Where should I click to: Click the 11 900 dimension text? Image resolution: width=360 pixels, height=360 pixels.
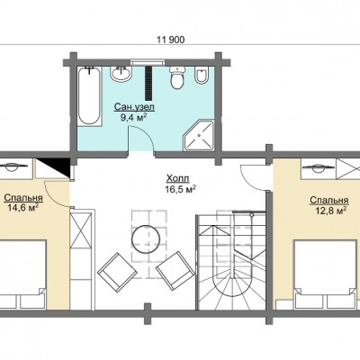pos(171,40)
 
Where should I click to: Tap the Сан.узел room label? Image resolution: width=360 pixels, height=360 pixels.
pos(134,107)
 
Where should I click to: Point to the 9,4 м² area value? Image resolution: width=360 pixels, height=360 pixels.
pos(133,117)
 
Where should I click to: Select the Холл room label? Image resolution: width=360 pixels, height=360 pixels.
pos(177,179)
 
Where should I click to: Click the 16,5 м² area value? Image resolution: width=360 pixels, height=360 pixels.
pos(181,190)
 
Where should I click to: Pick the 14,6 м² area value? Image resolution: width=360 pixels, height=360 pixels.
pos(22,208)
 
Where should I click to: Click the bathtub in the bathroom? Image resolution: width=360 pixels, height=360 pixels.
pos(89,96)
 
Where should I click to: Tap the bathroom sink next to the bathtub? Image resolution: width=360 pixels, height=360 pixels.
pos(121,73)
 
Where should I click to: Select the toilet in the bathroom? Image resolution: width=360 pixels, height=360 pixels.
pos(177,77)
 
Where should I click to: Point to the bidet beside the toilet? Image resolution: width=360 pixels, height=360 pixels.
pos(202,76)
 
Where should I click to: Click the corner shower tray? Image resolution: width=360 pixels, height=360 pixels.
pos(199,136)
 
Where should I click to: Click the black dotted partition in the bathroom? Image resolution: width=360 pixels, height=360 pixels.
pos(148,83)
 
